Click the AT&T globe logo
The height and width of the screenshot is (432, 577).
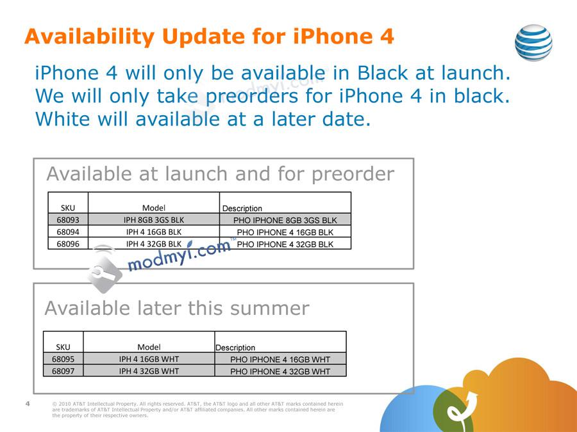(x=533, y=42)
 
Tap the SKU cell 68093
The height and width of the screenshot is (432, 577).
(x=68, y=220)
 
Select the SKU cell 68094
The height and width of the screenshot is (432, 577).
(x=68, y=232)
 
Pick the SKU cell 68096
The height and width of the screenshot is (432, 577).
(x=68, y=244)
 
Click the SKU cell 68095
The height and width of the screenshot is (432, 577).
(x=63, y=359)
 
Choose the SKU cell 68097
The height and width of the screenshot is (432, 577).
(x=63, y=371)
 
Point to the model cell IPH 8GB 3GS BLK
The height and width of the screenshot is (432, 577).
(x=154, y=220)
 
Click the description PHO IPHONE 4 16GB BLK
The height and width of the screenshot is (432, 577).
(x=285, y=232)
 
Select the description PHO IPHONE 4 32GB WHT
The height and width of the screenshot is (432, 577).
(x=280, y=371)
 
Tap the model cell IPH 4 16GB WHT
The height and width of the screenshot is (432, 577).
(x=149, y=359)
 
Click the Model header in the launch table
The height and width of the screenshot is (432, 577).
(x=154, y=207)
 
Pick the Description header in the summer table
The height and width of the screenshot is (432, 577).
(x=235, y=348)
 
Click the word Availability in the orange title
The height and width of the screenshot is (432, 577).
(x=90, y=36)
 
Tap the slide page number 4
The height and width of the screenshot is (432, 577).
(x=28, y=403)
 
